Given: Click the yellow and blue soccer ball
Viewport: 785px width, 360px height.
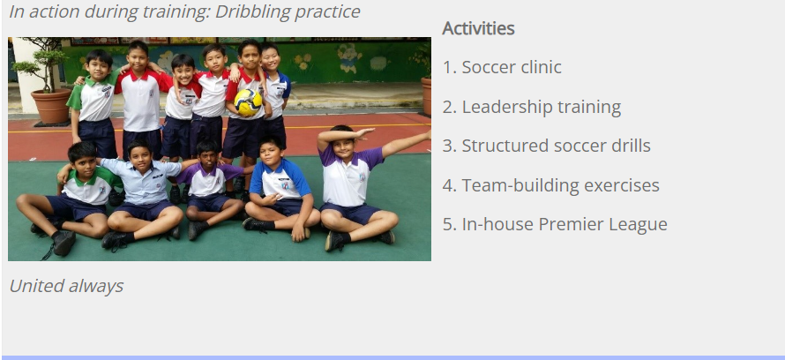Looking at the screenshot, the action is pyautogui.click(x=249, y=102).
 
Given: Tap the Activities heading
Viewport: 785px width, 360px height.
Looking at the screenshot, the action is pyautogui.click(x=478, y=28).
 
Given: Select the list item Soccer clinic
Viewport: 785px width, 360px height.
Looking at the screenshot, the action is pyautogui.click(x=502, y=67).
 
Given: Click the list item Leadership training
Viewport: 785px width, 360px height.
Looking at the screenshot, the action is pyautogui.click(x=532, y=107).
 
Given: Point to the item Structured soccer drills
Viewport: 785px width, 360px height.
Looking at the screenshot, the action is pyautogui.click(x=547, y=146).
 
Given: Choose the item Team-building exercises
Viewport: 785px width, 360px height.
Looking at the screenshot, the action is pyautogui.click(x=550, y=185).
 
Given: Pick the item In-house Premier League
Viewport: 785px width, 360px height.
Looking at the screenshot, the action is pyautogui.click(x=555, y=224).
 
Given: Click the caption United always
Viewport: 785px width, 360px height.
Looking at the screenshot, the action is pyautogui.click(x=66, y=286).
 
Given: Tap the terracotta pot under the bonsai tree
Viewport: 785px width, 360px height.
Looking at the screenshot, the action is pyautogui.click(x=50, y=106).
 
